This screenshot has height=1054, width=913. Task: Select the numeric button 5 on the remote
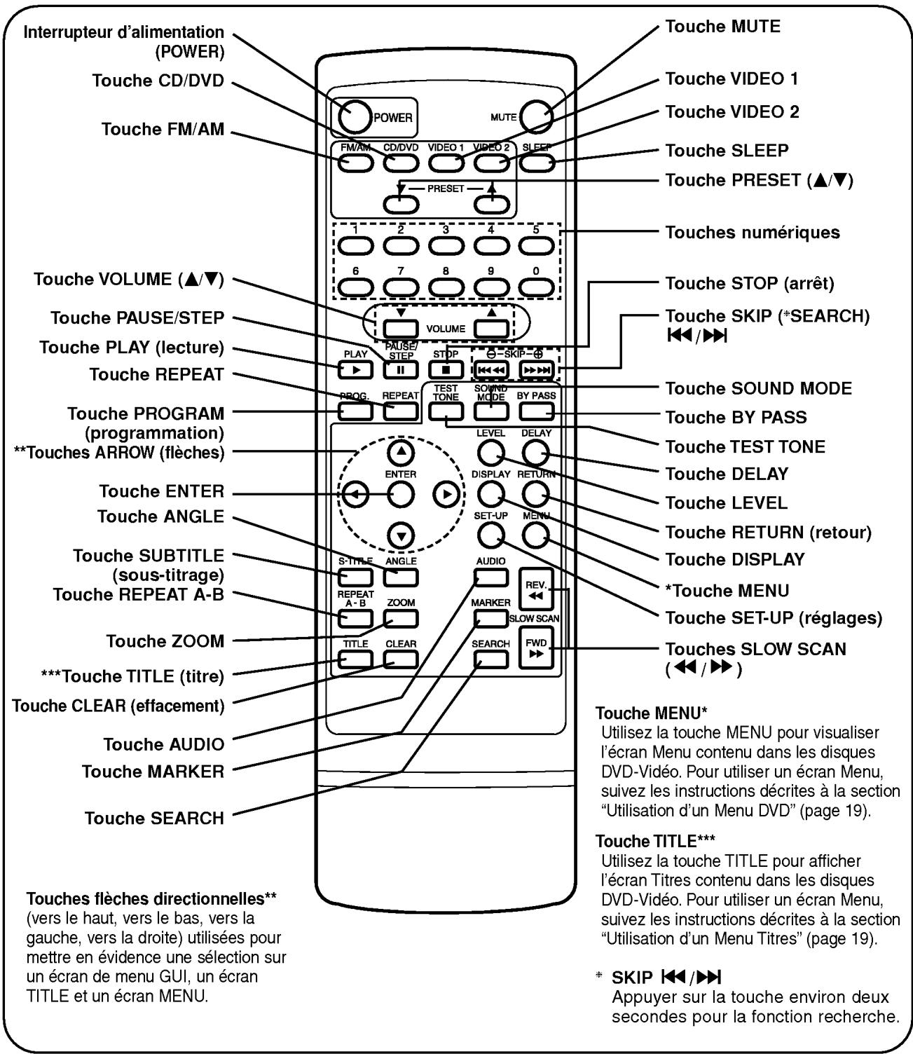coord(537,245)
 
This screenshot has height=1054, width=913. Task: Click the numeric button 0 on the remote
coord(537,287)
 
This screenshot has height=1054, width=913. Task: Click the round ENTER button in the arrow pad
coord(400,495)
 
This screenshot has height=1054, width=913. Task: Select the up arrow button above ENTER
coord(400,453)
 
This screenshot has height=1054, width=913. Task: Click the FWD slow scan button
coord(536,648)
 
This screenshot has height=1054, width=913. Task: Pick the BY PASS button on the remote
coord(536,411)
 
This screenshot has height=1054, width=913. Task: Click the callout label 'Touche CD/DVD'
coord(158,81)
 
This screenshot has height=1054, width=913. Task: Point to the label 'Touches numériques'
coord(753,233)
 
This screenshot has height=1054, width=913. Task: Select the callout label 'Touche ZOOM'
coord(165,641)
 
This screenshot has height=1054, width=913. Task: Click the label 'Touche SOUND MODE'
coord(758,388)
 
